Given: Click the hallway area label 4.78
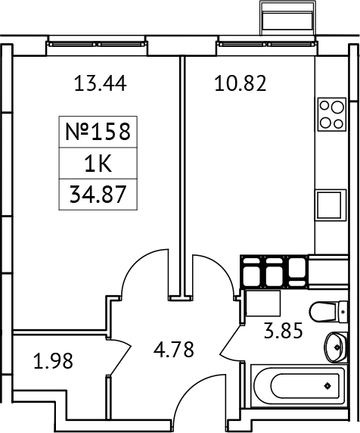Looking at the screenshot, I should point(174,350).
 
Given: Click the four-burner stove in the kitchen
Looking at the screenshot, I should point(331,114).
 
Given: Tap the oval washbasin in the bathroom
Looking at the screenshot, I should point(334,347).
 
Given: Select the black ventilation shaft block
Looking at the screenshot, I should point(275,272).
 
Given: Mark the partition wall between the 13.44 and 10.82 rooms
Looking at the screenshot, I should point(182,174).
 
